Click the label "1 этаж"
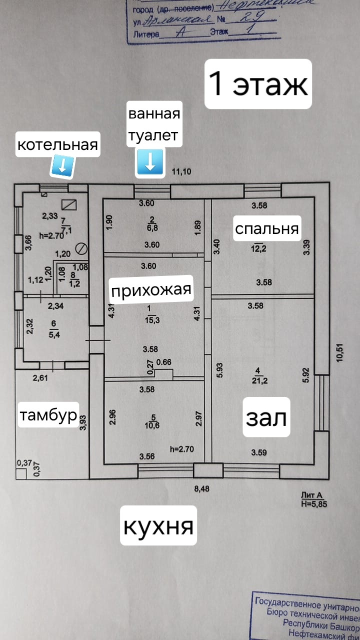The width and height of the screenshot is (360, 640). pos(258,84)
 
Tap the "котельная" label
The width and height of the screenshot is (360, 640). pos(57,144)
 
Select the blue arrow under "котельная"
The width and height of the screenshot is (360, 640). pos(63,165)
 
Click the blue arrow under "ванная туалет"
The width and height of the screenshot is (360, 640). pos(150,162)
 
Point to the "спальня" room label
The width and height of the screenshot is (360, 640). pos(267,228)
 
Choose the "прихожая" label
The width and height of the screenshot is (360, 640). pos(151,290)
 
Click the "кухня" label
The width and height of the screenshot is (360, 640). pos(158,525)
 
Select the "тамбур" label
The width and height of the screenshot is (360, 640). pos(48,414)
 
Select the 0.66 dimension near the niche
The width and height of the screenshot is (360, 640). pos(164,362)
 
